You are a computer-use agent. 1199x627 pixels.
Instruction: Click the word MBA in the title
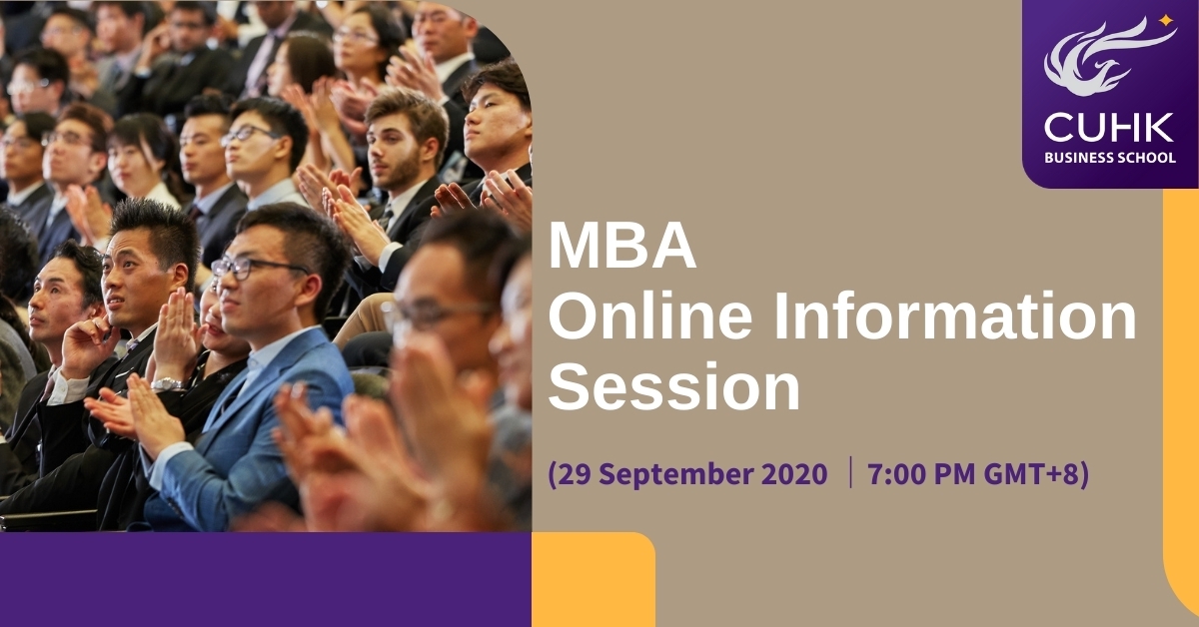point(621,246)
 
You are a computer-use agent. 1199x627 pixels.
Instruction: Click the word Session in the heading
point(674,385)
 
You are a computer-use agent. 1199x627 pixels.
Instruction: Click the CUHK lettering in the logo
point(1109,129)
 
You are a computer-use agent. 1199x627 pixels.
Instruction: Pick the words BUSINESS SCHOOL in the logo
point(1110,158)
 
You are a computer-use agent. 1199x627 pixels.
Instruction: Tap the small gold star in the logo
point(1166,21)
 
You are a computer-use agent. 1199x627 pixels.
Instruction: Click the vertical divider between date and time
point(850,472)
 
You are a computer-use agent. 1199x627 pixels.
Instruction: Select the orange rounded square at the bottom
point(594,579)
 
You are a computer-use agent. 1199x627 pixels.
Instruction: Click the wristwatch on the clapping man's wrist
point(168,384)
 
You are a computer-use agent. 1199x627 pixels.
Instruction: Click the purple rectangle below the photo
point(266,579)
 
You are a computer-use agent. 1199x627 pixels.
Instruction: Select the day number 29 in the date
point(573,474)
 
